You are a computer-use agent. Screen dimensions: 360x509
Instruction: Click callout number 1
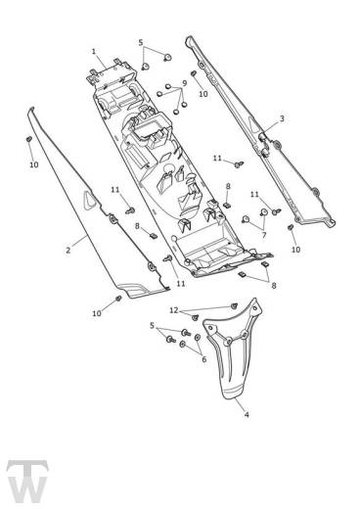pyautogui.click(x=94, y=52)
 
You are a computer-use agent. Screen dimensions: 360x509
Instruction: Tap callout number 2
pyautogui.click(x=67, y=251)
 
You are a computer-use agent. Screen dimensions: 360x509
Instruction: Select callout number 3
pyautogui.click(x=282, y=118)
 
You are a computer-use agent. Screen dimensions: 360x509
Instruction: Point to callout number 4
pyautogui.click(x=247, y=415)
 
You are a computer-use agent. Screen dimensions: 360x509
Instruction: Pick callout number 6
pyautogui.click(x=204, y=359)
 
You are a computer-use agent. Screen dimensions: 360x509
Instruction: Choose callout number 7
pyautogui.click(x=264, y=235)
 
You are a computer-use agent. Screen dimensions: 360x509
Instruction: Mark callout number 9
pyautogui.click(x=185, y=83)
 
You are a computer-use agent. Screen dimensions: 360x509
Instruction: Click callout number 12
pyautogui.click(x=174, y=310)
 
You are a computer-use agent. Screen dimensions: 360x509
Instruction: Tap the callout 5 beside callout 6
pyautogui.click(x=152, y=325)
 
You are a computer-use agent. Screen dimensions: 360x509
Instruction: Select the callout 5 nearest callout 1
pyautogui.click(x=141, y=42)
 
